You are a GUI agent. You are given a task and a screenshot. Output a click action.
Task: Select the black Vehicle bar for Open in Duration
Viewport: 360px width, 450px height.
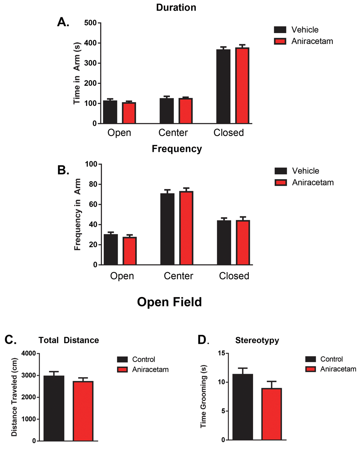110,112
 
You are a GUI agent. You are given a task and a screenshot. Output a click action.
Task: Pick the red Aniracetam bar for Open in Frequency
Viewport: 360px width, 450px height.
130,251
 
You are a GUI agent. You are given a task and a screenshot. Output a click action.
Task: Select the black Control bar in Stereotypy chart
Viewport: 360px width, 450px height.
243,407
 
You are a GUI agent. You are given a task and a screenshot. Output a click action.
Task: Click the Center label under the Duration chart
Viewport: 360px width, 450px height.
173,133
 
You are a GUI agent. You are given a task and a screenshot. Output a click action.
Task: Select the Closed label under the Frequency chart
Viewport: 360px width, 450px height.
234,276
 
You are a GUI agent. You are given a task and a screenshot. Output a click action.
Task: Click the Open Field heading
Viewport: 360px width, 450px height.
169,302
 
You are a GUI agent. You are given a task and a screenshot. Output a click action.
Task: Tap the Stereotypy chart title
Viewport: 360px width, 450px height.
257,340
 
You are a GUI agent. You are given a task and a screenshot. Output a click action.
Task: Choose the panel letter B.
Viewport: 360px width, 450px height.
63,170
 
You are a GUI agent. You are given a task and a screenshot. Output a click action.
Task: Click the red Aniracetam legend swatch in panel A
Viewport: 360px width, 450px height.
280,41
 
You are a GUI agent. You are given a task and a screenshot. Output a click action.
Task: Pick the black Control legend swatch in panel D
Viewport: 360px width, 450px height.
310,359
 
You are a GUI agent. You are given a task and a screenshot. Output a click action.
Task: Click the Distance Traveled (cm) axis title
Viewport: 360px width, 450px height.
14,397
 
